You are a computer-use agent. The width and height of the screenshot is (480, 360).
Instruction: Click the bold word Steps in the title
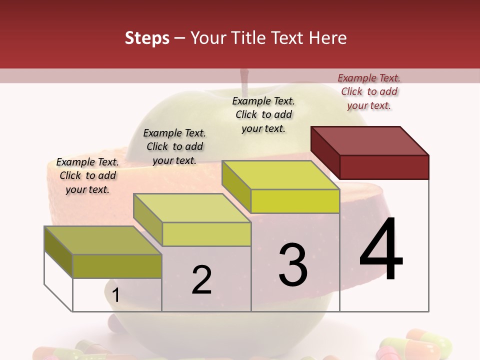pos(147,38)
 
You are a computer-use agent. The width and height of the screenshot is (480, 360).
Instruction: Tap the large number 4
pos(381,249)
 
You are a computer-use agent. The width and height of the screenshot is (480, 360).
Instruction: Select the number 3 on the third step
pos(293,264)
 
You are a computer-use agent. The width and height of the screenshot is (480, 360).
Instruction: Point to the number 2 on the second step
pos(201,280)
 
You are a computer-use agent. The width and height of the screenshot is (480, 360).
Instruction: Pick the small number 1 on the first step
pos(115,295)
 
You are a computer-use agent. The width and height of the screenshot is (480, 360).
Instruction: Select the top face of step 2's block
pos(192,208)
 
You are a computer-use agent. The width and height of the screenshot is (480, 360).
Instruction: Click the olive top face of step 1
pos(103,240)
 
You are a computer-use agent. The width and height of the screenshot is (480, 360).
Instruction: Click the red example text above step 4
pos(369,91)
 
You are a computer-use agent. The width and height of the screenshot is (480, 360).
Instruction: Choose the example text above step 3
pos(263,114)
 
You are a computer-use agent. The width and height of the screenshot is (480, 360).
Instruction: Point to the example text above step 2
pos(174,146)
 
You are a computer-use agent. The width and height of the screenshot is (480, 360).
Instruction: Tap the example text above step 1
pos(87,175)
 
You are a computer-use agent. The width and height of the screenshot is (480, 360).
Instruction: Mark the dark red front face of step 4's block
pos(384,167)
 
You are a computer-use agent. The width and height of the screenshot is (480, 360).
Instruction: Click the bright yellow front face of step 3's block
pos(295,201)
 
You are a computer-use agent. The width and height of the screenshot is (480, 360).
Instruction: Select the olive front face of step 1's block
pos(117,266)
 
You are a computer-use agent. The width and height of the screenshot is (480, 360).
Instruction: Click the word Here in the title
pos(328,38)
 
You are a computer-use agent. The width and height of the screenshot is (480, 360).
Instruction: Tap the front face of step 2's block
pos(206,234)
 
